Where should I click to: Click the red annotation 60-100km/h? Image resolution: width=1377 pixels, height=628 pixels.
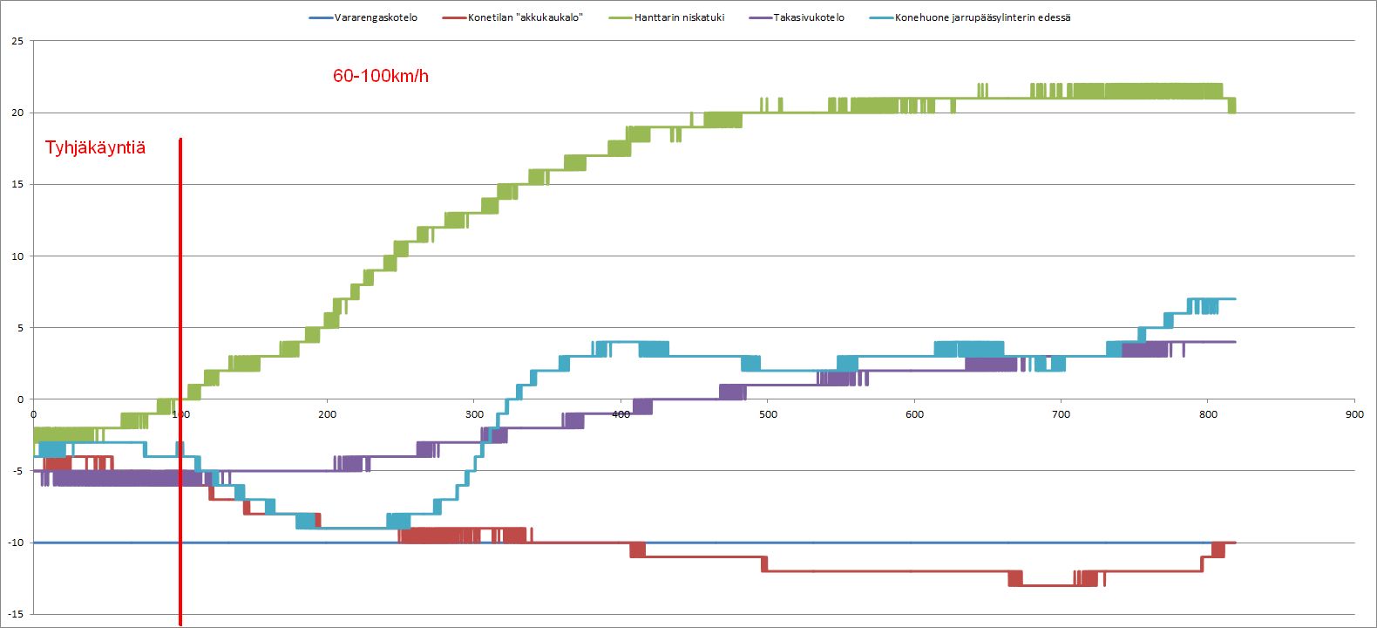pos(381,76)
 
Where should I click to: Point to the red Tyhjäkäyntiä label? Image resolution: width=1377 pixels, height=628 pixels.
pos(95,147)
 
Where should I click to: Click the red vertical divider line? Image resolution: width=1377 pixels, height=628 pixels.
pos(180,349)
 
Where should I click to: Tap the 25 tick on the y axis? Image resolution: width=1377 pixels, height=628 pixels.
pos(17,41)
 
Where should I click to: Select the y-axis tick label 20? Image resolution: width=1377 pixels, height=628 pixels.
pos(17,113)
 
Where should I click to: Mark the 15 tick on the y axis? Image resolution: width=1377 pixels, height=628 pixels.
pos(17,184)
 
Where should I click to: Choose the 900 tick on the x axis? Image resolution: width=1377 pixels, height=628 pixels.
pos(1354,414)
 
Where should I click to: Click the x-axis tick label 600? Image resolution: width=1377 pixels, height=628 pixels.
pos(914,414)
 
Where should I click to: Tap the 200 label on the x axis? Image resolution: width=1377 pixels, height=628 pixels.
pos(327,414)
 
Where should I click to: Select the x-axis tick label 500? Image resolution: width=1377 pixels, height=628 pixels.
pos(768,414)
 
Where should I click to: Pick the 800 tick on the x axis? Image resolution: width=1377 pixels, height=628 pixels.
pos(1208,414)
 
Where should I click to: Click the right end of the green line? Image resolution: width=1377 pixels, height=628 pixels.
pos(1233,106)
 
